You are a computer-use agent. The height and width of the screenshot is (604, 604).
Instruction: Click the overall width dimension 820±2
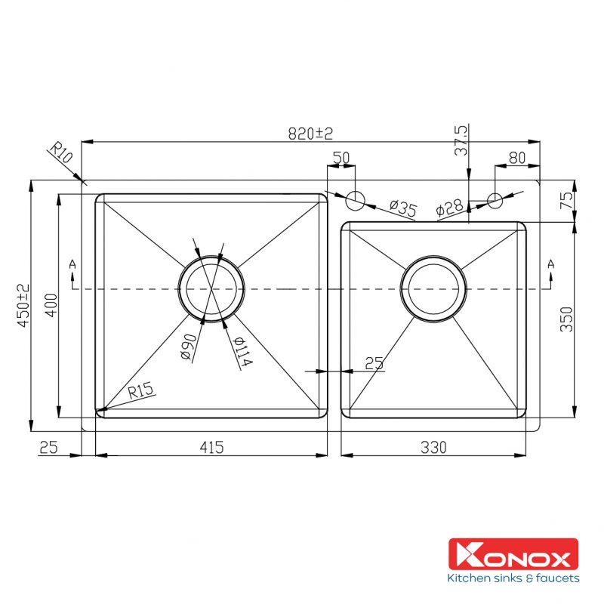[310, 133]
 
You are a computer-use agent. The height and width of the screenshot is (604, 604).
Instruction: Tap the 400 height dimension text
[50, 304]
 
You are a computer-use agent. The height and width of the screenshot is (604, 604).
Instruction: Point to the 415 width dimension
[211, 447]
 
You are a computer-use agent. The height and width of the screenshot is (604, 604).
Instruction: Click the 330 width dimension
[433, 447]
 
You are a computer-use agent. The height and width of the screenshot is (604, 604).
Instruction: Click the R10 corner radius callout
[60, 155]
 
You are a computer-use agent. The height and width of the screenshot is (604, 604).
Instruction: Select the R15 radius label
[140, 390]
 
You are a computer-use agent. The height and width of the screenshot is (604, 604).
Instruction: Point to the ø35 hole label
[403, 209]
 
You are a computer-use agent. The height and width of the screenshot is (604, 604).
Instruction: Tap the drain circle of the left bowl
[211, 288]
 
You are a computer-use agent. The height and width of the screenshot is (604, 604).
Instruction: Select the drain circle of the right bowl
[433, 288]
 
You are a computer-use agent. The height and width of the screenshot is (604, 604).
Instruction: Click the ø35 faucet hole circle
[355, 200]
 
